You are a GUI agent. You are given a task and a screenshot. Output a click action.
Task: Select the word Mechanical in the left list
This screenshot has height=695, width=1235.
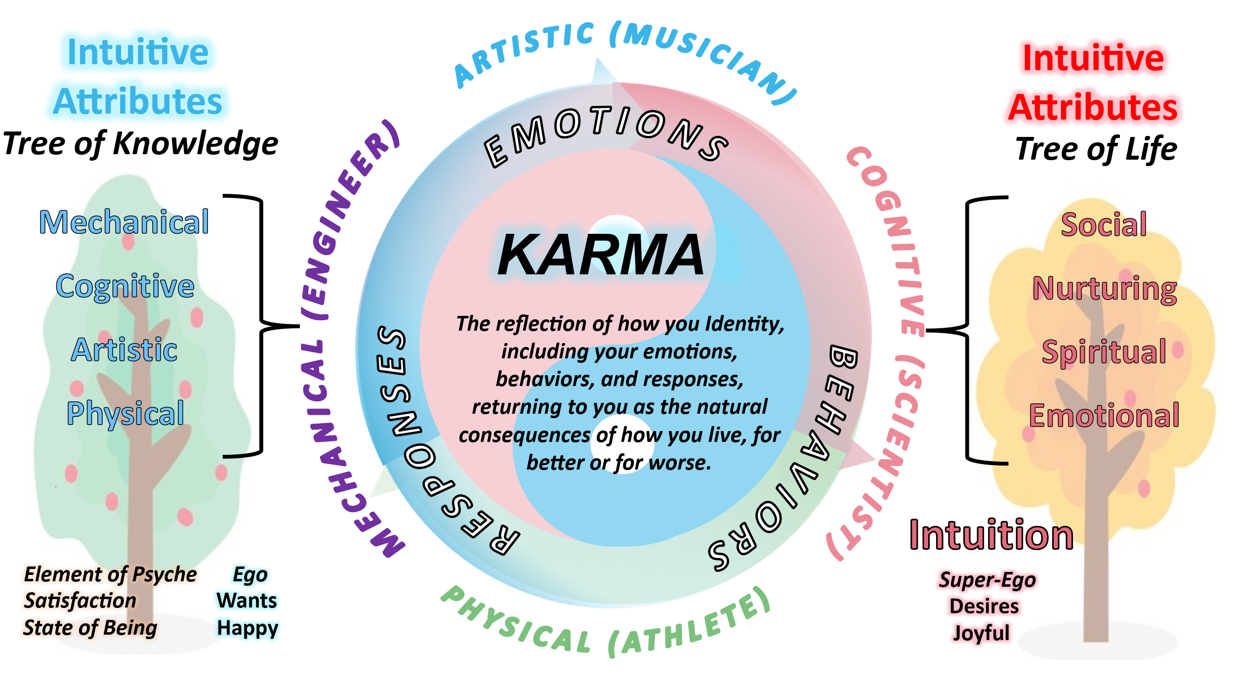point(124,222)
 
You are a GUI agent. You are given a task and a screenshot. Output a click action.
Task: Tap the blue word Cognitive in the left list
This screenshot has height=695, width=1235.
point(125,286)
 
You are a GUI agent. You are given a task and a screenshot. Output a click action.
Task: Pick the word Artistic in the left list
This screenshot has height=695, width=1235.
point(124,350)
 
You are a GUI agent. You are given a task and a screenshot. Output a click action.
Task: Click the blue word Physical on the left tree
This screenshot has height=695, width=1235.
point(125,413)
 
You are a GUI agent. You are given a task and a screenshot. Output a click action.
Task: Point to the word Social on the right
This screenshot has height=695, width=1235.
point(1104,224)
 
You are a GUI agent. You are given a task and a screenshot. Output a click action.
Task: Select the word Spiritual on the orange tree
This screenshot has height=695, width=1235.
point(1104,352)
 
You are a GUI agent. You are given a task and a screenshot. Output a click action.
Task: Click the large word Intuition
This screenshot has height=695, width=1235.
point(991,535)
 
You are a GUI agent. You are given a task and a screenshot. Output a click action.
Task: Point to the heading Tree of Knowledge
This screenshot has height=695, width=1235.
point(141,144)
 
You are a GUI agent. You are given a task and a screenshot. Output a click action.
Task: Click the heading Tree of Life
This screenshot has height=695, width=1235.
point(1096,149)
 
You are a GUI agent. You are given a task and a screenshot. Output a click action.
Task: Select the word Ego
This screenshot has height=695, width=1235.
point(250,574)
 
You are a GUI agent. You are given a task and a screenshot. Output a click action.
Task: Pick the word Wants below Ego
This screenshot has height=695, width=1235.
point(247,601)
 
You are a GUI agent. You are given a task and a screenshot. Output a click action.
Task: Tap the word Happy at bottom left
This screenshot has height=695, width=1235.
point(247,628)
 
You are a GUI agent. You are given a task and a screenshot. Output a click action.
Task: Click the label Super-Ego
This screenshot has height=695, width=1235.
point(987,579)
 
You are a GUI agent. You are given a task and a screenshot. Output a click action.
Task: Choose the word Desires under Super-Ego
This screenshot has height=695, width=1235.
point(984,606)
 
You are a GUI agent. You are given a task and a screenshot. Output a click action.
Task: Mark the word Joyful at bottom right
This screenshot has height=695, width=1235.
point(981,633)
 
